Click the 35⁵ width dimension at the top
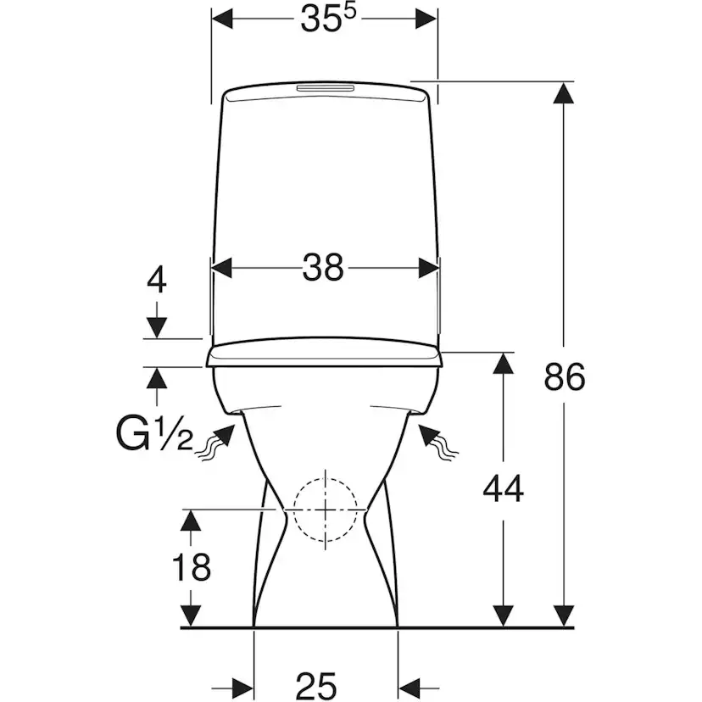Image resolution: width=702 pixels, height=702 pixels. (325, 21)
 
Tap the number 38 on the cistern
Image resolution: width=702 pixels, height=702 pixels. (325, 268)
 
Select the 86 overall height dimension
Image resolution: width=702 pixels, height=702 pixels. (565, 376)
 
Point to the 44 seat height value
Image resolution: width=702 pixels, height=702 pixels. (504, 487)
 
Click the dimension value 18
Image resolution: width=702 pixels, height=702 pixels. (192, 566)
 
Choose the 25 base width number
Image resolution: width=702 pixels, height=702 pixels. (316, 683)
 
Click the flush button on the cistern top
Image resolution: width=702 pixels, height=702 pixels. (325, 88)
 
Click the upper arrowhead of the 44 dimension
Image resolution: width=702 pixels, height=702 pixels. (504, 363)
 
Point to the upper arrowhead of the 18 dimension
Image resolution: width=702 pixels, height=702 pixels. (192, 520)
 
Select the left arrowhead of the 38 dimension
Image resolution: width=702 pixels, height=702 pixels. (221, 268)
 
